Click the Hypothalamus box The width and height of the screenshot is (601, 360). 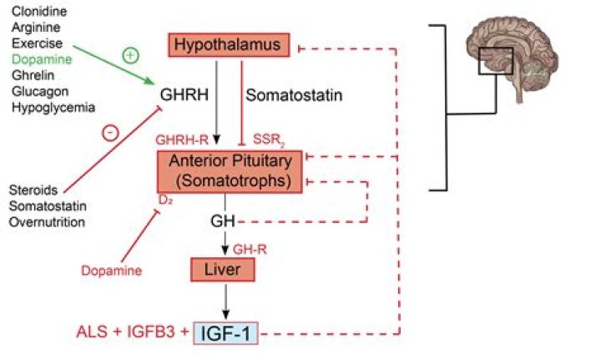click(230, 44)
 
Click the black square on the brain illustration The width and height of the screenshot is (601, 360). click(495, 60)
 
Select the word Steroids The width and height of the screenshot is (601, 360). click(34, 190)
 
